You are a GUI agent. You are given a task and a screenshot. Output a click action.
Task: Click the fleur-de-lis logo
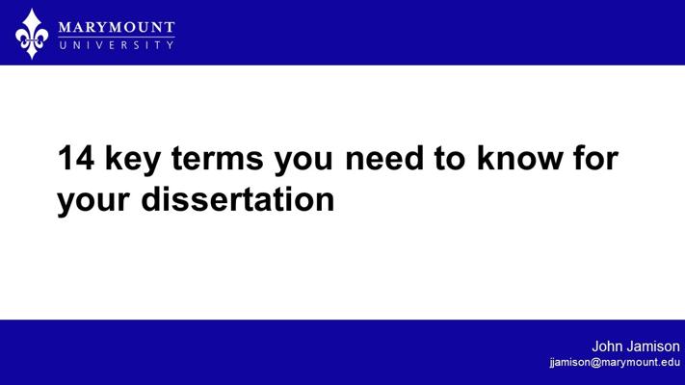pyautogui.click(x=32, y=34)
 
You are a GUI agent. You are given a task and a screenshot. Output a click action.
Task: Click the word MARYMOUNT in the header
pyautogui.click(x=117, y=28)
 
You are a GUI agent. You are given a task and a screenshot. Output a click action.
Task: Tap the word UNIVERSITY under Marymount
pyautogui.click(x=117, y=45)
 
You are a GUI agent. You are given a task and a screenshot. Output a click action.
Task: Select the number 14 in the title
pyautogui.click(x=76, y=158)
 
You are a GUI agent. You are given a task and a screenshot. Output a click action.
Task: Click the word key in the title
pyautogui.click(x=133, y=160)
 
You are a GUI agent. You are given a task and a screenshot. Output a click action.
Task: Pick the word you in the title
pyautogui.click(x=303, y=163)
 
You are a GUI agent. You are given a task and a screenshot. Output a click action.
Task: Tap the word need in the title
pyautogui.click(x=384, y=157)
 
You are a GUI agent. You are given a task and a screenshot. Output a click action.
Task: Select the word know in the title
pyautogui.click(x=519, y=157)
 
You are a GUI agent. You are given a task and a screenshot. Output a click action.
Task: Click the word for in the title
pyautogui.click(x=595, y=157)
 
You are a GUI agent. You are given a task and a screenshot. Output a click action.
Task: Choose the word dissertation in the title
pyautogui.click(x=238, y=198)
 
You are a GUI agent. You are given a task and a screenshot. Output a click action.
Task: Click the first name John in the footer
pyautogui.click(x=607, y=346)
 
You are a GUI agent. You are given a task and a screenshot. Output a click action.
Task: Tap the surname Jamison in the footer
pyautogui.click(x=653, y=346)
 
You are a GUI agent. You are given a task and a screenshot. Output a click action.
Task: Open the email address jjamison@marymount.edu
pyautogui.click(x=615, y=362)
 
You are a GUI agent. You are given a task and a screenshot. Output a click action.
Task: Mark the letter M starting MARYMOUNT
pyautogui.click(x=66, y=28)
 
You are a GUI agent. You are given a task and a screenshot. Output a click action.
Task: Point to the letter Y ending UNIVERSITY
pyautogui.click(x=170, y=45)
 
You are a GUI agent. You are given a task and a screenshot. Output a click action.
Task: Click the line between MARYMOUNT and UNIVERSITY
pyautogui.click(x=117, y=38)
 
